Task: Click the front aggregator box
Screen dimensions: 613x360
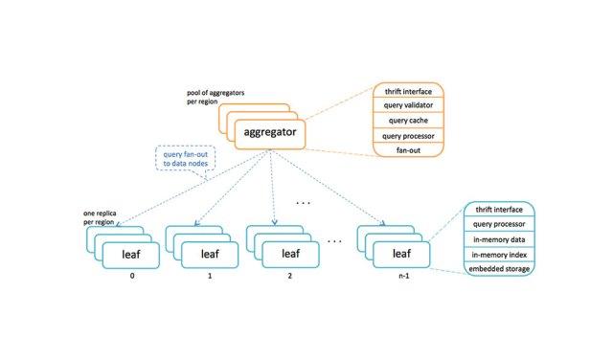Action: coord(270,134)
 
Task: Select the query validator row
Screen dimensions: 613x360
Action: coord(408,105)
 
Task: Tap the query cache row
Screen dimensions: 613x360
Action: coord(408,121)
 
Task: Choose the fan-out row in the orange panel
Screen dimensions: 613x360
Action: coord(408,149)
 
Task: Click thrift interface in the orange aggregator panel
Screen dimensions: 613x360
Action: coord(408,91)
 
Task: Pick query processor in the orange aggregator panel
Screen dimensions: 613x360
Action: coord(408,136)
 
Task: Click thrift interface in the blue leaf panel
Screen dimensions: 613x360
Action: coord(499,210)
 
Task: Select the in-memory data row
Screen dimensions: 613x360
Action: coord(499,239)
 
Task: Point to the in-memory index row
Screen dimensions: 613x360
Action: coord(499,255)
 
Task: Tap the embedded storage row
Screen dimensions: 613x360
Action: coord(499,269)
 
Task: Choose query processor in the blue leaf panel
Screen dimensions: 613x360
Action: coord(499,224)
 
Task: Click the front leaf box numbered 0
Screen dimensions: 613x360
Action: coord(131,256)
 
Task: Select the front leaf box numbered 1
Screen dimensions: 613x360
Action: coord(210,255)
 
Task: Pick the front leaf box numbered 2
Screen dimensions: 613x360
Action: coord(290,255)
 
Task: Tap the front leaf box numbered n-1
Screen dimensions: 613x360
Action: coord(401,255)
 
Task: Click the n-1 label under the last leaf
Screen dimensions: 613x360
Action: coord(404,276)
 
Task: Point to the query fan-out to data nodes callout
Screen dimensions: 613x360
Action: coord(185,159)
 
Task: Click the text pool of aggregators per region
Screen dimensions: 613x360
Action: coord(216,97)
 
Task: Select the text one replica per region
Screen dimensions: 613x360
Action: coord(100,217)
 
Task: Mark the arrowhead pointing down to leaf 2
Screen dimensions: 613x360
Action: coord(275,222)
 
